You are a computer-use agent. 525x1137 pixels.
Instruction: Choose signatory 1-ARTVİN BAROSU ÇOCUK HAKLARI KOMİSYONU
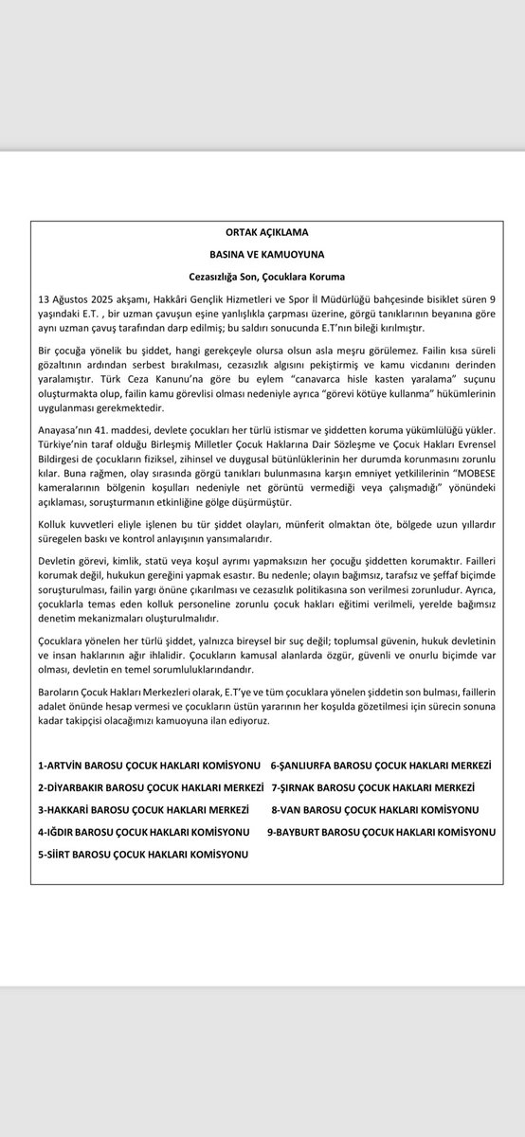coord(143,765)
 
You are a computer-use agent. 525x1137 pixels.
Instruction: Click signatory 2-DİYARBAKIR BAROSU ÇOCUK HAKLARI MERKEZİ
coord(146,787)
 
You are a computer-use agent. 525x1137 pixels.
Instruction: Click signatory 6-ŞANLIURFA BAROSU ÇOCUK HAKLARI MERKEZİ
coord(383,765)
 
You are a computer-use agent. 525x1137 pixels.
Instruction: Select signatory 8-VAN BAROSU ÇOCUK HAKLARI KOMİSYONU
coord(375,810)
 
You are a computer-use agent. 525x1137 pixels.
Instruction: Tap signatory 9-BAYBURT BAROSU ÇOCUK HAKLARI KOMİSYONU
coord(381,832)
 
